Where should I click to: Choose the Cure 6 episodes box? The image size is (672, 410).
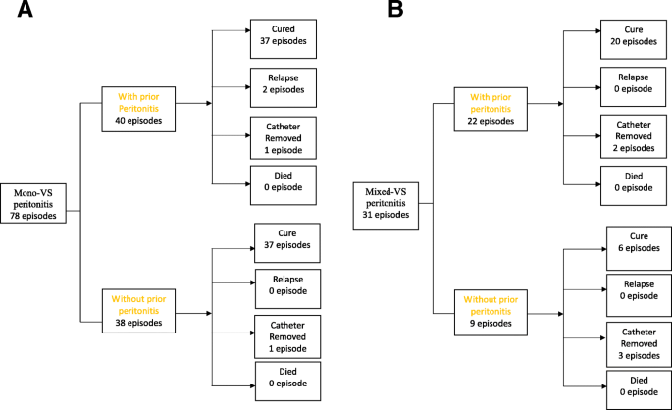(x=639, y=244)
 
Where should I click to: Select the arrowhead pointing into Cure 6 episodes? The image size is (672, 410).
(x=601, y=242)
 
